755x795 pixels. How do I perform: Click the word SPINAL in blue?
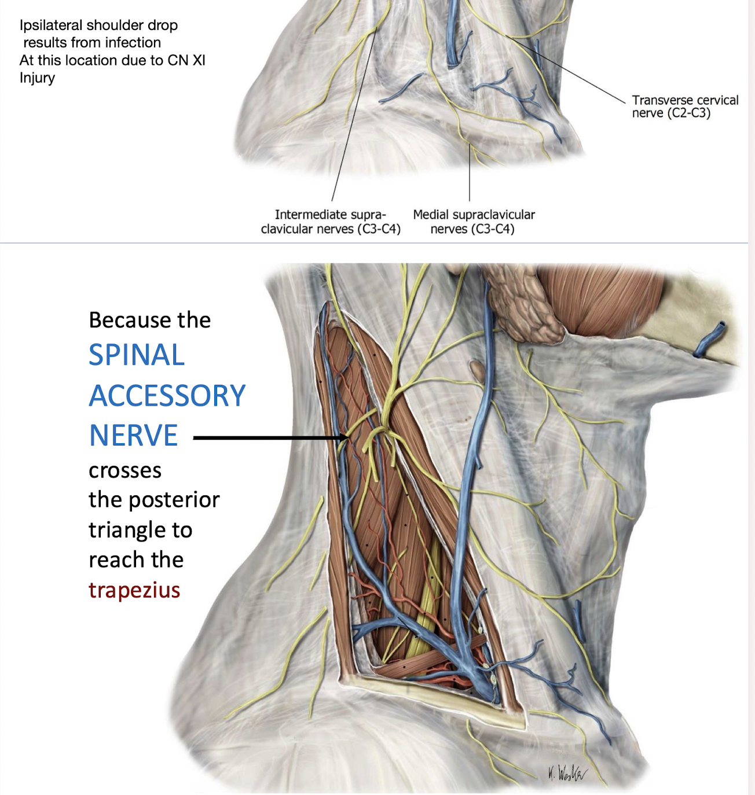pos(137,355)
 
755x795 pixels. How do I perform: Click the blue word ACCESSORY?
pos(167,396)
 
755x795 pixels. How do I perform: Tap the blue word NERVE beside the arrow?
pos(133,436)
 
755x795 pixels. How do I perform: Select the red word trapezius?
pos(134,590)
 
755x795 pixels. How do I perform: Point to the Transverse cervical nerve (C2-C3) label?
pos(684,106)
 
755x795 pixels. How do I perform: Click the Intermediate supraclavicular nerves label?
pos(331,222)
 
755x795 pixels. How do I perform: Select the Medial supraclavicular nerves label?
pos(474,222)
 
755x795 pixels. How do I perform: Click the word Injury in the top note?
pos(37,78)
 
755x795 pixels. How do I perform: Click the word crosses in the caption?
pos(125,470)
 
